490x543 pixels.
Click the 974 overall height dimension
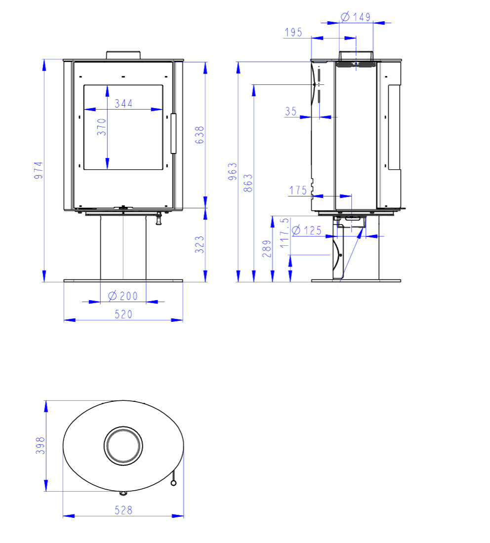point(39,170)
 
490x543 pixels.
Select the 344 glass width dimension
point(123,103)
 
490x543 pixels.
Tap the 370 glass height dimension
point(101,127)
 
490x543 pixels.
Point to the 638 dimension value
point(200,135)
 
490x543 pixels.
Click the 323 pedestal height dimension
point(200,244)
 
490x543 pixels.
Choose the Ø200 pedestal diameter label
point(122,296)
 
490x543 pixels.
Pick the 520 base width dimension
point(123,314)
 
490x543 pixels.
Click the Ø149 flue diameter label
point(356,17)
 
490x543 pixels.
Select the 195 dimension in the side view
point(293,32)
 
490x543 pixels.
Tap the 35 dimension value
point(291,111)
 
